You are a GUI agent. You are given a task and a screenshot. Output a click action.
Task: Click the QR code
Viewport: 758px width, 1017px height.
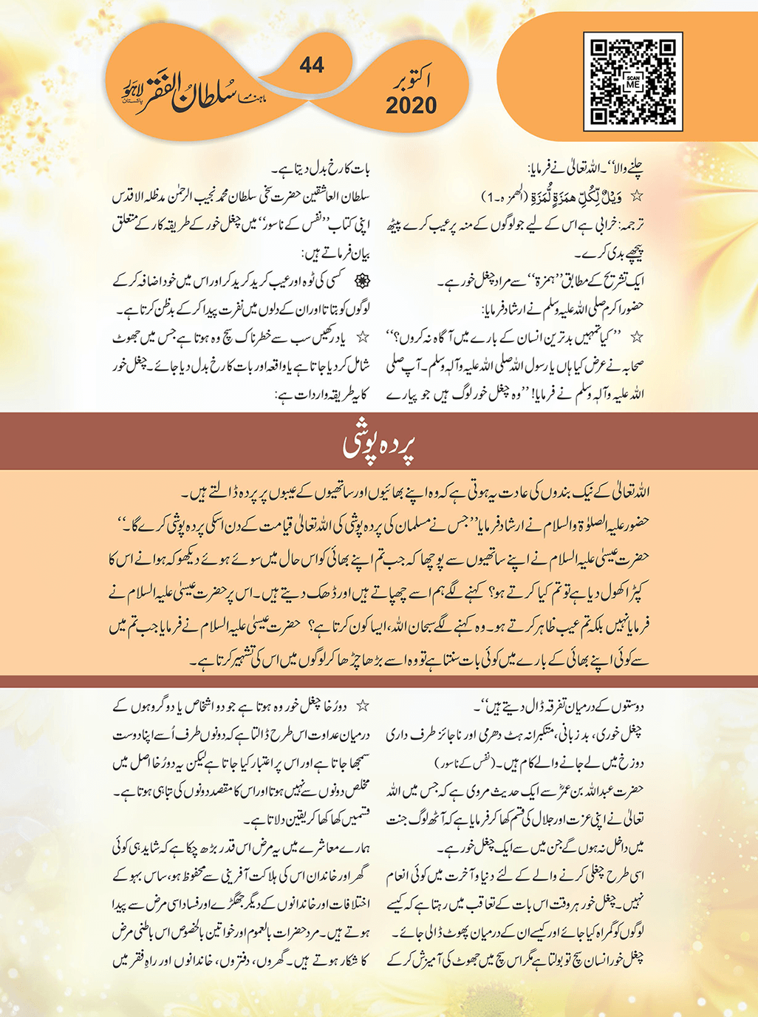pyautogui.click(x=632, y=81)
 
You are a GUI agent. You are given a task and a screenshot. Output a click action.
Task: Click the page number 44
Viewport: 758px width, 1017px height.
pyautogui.click(x=312, y=66)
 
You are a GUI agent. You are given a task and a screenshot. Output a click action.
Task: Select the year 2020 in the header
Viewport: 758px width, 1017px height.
pyautogui.click(x=411, y=106)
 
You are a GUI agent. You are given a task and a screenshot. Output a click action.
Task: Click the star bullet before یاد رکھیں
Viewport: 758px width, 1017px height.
pyautogui.click(x=362, y=337)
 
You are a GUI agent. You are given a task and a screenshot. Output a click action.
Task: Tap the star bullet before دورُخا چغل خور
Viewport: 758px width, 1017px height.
pyautogui.click(x=362, y=706)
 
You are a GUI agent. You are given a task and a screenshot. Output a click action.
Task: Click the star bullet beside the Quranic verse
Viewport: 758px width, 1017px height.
pyautogui.click(x=637, y=197)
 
